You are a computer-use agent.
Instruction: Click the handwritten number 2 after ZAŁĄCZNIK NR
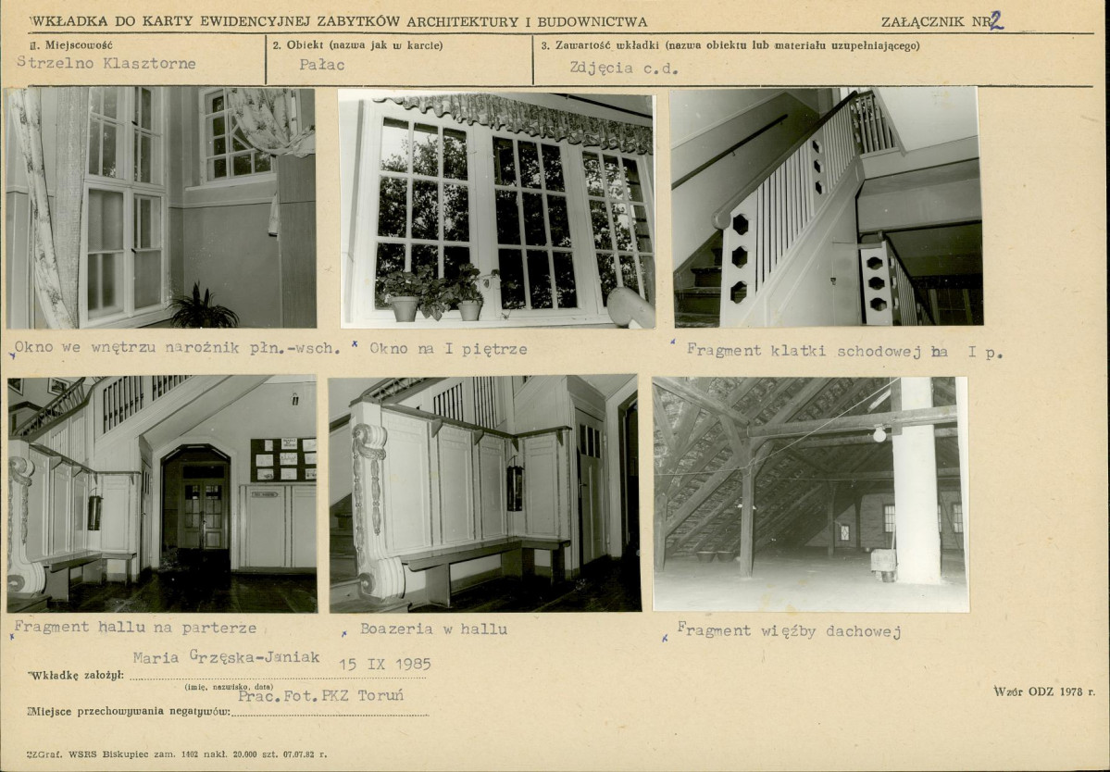coord(996,20)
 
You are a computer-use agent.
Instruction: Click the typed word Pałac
coord(322,65)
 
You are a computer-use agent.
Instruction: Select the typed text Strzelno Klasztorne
coord(106,63)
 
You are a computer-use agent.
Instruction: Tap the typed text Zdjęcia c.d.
coord(624,68)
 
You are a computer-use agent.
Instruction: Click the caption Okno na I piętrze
coord(448,349)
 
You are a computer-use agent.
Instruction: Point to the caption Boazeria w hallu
coord(433,629)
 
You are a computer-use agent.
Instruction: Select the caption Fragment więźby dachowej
coord(789,629)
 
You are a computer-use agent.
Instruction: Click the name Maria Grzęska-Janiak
coord(227,656)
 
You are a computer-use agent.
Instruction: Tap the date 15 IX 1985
coord(384,664)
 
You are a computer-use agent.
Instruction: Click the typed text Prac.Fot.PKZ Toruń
coord(320,695)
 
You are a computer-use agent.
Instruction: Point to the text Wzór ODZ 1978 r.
coord(1044,691)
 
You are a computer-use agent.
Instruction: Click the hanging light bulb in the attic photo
coord(879,434)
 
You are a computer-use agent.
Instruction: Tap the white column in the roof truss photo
coord(916,480)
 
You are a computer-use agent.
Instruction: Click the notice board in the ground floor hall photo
coord(283,459)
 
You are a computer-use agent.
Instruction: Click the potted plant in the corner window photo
coord(203,309)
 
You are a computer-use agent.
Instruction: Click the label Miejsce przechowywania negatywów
coord(129,711)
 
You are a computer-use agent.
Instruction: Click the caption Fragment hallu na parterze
coord(135,627)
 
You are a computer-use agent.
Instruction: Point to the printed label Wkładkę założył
coord(76,675)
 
